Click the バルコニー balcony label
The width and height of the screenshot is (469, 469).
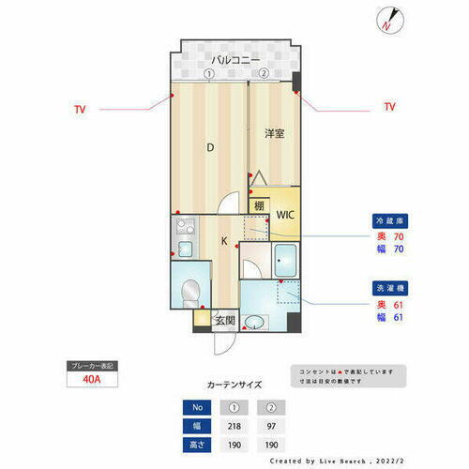point(235,60)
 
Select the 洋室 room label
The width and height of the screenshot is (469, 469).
point(273,134)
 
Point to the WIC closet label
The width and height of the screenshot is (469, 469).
point(284,214)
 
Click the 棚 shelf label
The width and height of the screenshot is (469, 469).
point(258,205)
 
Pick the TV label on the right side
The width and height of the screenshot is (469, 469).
point(389,108)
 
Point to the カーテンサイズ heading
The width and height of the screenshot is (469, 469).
point(234,385)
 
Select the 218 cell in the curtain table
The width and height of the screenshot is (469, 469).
point(233,424)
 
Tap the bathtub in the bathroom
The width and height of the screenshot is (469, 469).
point(286,259)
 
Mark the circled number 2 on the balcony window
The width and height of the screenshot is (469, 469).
point(265,74)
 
